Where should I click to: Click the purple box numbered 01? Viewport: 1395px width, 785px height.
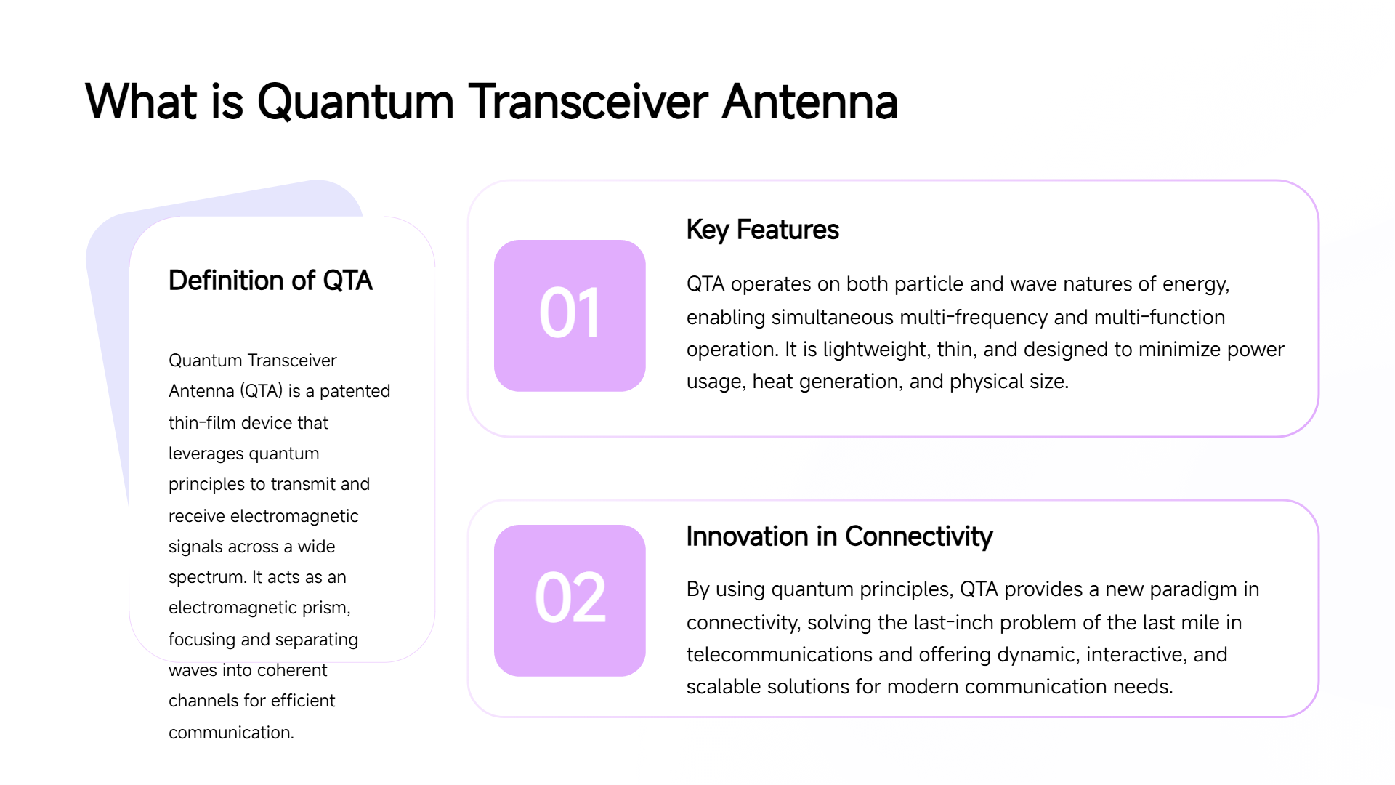coord(570,315)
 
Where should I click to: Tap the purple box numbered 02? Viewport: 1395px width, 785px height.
coord(570,600)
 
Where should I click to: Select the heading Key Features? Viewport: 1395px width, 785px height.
coord(762,230)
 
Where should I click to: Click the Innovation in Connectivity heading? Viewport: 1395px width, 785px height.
coord(839,536)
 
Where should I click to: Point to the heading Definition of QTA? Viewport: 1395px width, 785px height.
coord(270,281)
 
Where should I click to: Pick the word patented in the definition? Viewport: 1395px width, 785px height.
coord(355,391)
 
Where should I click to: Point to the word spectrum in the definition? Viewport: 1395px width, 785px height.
coord(208,578)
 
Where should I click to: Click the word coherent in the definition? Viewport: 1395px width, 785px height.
coord(292,670)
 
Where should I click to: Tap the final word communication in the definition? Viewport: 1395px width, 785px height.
coord(231,733)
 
